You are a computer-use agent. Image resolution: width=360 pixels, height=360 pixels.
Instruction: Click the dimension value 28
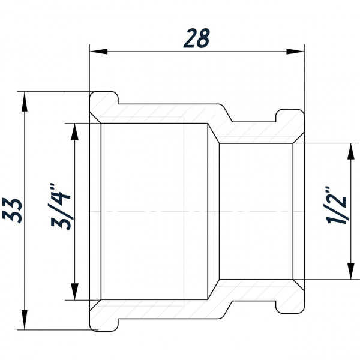click(197, 38)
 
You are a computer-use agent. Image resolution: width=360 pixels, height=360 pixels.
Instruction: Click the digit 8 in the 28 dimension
click(205, 38)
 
